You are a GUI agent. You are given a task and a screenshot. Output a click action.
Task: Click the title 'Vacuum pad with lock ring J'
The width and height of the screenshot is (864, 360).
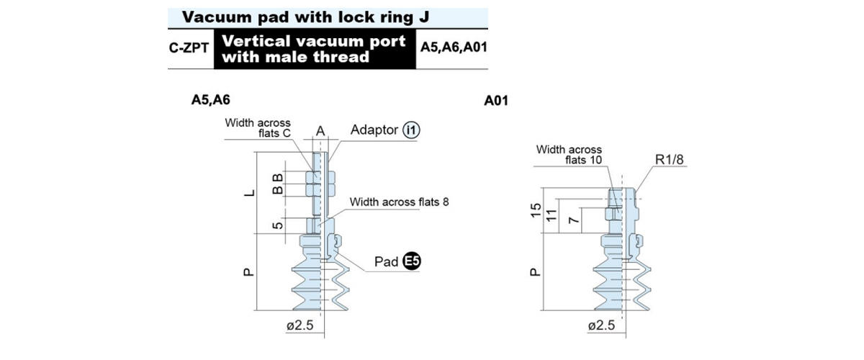tap(305, 17)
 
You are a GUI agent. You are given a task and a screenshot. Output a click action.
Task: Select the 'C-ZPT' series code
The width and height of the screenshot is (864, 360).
tap(189, 48)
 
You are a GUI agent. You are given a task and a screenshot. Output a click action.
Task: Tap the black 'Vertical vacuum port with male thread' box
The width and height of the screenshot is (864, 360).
tap(315, 49)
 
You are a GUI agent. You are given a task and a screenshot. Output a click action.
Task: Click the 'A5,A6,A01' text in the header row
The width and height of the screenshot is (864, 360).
tap(454, 47)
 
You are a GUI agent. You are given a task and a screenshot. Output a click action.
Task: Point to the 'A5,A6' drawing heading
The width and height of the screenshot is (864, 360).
tap(210, 100)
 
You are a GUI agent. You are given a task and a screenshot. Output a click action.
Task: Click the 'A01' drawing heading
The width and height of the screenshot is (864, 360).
tap(496, 101)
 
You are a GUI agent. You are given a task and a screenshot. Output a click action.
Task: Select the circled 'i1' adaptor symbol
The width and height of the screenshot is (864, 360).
tap(411, 130)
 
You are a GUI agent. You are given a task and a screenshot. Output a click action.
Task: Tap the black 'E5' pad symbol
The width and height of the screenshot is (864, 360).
tap(412, 261)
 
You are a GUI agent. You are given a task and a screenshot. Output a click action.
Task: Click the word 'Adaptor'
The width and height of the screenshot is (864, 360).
tap(374, 130)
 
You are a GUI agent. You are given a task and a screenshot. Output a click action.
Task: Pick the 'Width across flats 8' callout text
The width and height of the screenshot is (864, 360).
tap(399, 202)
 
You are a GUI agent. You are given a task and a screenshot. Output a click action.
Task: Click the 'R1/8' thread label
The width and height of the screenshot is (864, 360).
tap(669, 159)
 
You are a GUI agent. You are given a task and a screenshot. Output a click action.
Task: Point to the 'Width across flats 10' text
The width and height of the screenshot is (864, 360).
tap(569, 154)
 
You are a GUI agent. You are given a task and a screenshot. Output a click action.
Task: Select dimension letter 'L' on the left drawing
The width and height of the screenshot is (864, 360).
tap(250, 192)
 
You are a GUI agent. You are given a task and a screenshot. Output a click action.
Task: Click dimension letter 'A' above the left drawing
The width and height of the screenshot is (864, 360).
tap(320, 131)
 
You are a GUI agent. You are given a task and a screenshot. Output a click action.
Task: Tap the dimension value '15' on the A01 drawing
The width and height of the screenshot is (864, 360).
tap(536, 210)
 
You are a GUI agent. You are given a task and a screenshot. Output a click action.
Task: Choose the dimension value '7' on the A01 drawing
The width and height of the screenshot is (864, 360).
tap(575, 220)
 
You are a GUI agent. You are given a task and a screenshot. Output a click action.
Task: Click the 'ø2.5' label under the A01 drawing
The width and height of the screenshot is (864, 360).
tap(601, 325)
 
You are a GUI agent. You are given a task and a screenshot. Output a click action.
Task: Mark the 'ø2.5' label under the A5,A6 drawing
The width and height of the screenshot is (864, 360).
tap(300, 325)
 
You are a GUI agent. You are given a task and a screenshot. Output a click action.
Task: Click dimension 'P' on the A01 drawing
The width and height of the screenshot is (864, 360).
tap(536, 272)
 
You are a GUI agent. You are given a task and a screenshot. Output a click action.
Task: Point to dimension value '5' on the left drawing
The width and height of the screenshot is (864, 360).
tap(278, 225)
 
